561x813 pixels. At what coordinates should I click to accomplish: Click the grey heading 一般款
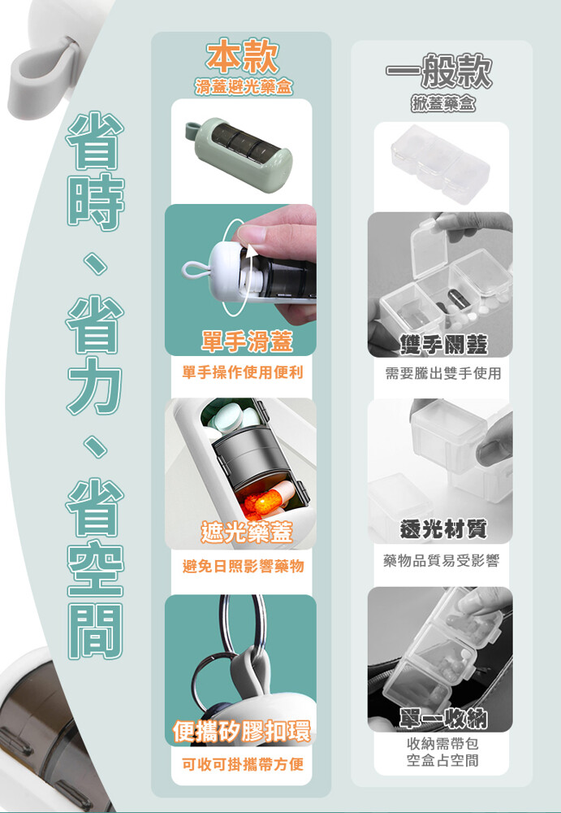click(x=438, y=71)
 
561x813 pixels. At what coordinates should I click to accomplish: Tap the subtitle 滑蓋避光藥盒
click(x=244, y=87)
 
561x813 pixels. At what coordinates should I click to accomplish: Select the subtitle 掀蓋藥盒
click(x=442, y=104)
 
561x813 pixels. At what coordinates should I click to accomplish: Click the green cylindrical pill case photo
click(x=238, y=152)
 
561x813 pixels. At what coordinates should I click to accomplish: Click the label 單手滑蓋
click(x=247, y=341)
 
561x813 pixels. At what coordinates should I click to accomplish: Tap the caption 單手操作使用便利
click(x=243, y=372)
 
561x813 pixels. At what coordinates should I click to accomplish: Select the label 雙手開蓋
click(x=443, y=344)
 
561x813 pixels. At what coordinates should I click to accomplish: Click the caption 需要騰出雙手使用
click(x=443, y=373)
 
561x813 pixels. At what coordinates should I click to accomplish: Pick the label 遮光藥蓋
click(x=247, y=533)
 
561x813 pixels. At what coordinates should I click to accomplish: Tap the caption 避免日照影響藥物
click(x=243, y=566)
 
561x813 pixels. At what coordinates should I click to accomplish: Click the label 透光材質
click(x=443, y=529)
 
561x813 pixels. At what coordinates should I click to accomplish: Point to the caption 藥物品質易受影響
click(x=442, y=560)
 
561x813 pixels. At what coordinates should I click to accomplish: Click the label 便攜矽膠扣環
click(x=243, y=731)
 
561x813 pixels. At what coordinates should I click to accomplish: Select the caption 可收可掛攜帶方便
click(x=243, y=763)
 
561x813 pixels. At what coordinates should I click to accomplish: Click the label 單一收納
click(x=443, y=719)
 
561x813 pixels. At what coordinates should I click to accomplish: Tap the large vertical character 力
click(x=95, y=385)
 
